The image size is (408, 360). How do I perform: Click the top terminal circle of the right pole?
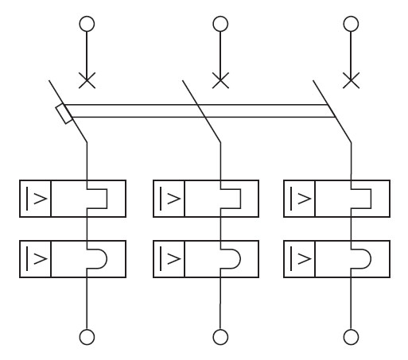pos(351,23)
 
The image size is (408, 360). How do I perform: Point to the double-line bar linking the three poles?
pos(199,111)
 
